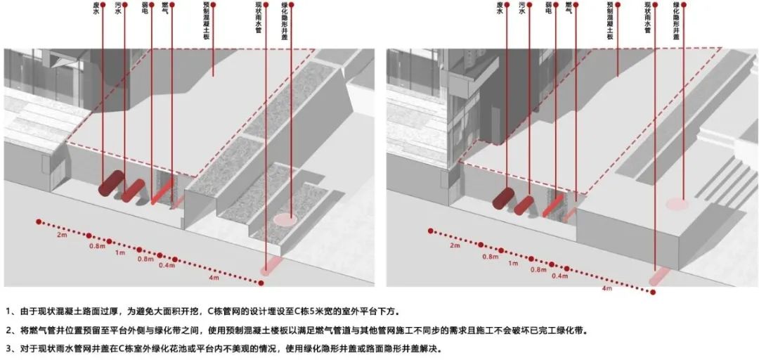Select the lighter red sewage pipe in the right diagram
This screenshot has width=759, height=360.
click(x=524, y=205)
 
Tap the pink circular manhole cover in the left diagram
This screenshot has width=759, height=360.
click(x=285, y=219)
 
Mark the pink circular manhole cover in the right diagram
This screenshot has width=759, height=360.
click(x=677, y=204)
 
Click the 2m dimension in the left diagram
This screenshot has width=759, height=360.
click(x=61, y=235)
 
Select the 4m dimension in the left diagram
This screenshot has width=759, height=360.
click(x=213, y=278)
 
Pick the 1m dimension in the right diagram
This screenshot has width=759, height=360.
click(x=512, y=263)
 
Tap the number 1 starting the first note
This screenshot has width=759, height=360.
click(x=9, y=311)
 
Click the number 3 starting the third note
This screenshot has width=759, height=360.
click(x=9, y=348)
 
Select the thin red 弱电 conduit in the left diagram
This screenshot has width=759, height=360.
click(x=162, y=191)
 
